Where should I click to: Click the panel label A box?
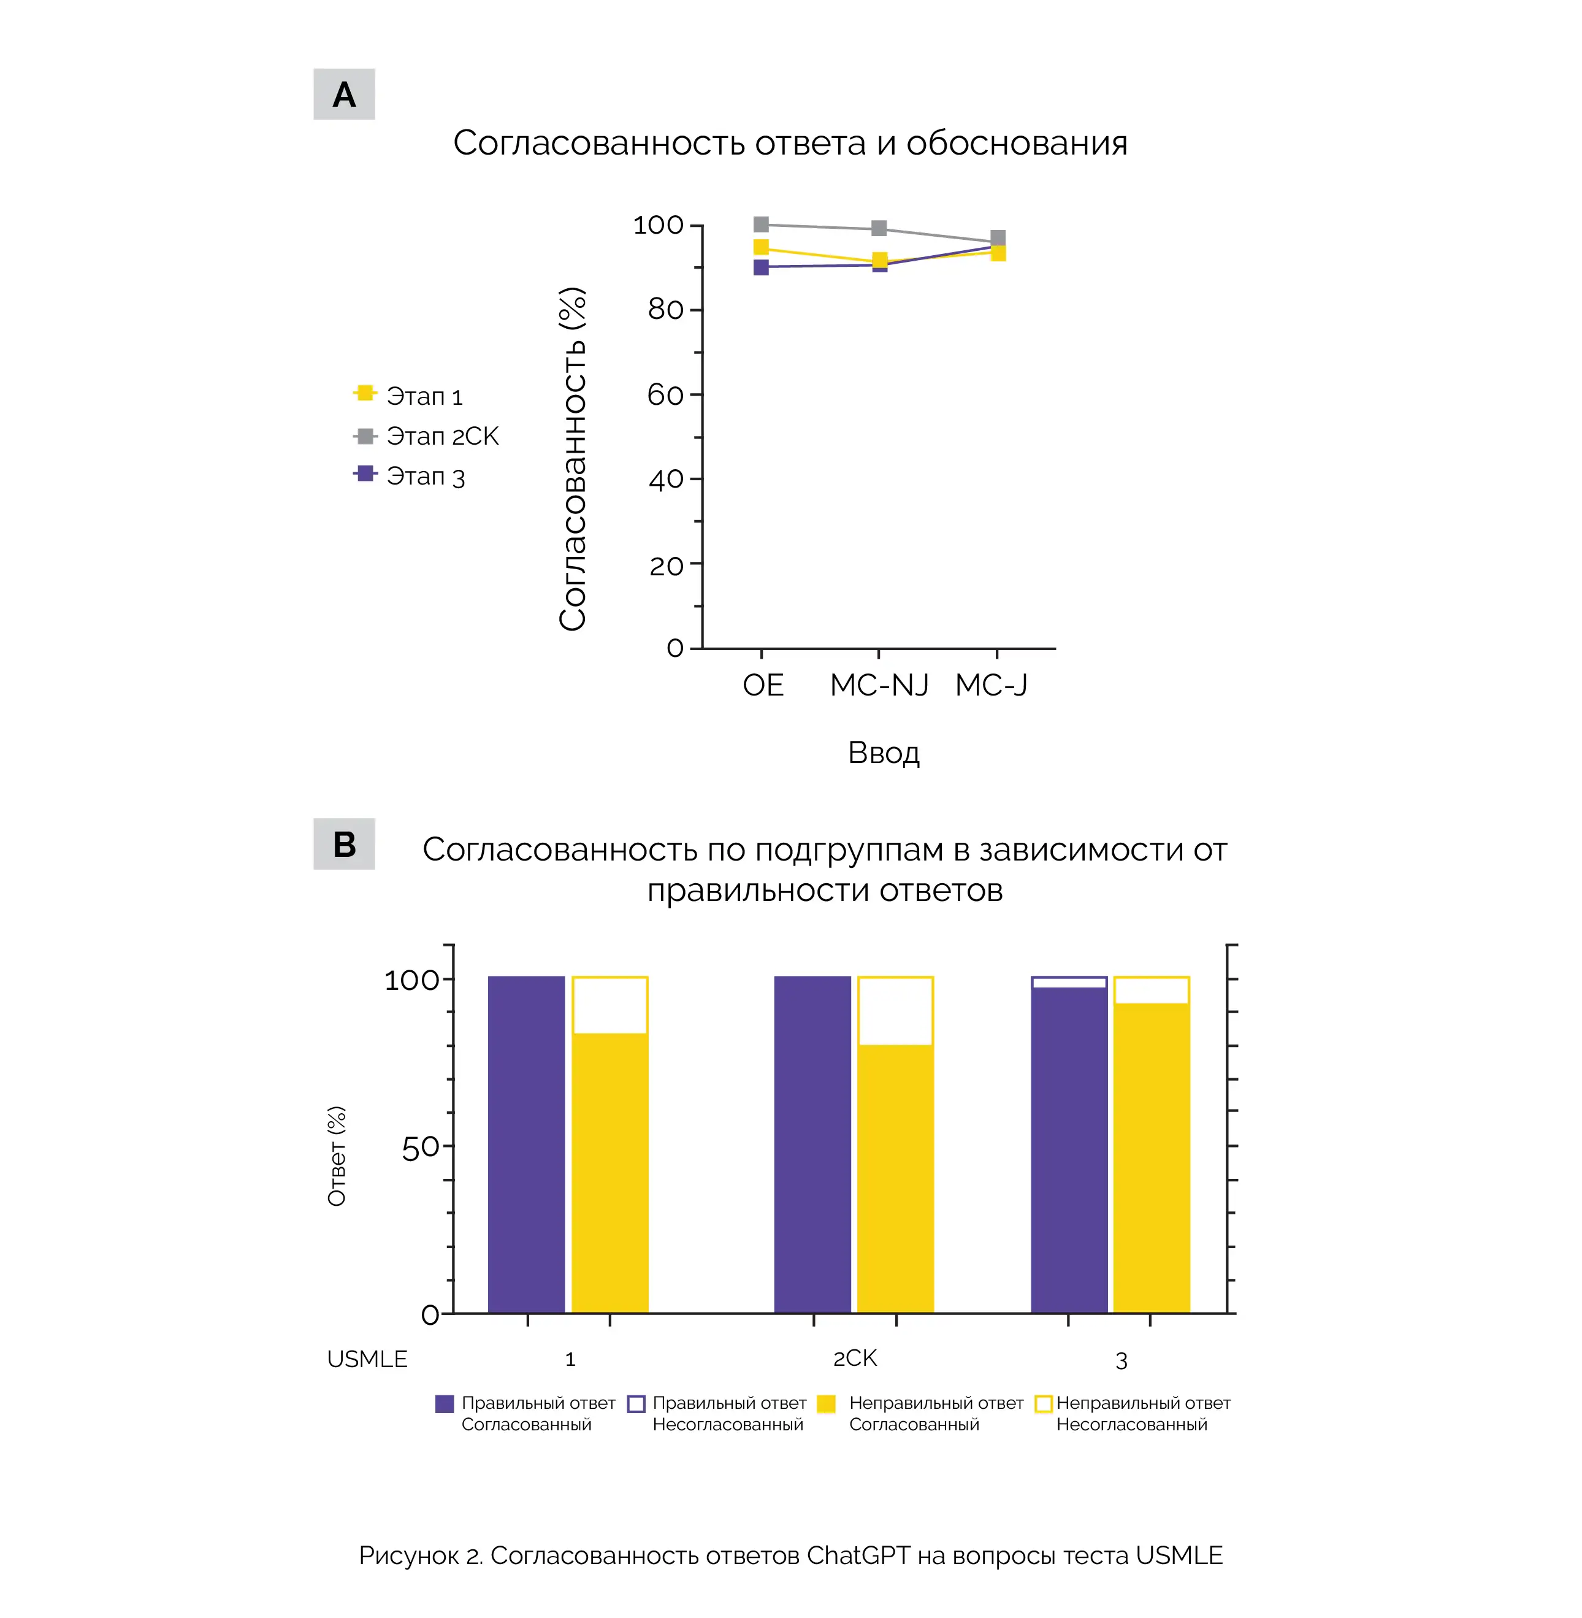coord(344,94)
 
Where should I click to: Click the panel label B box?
coord(344,843)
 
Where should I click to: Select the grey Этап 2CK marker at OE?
coord(761,224)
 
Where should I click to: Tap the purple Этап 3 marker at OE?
coord(761,267)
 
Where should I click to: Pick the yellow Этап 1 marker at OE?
coord(761,247)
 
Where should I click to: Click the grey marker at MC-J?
coord(998,238)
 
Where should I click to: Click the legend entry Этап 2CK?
coord(426,435)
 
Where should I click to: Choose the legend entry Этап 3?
coord(410,475)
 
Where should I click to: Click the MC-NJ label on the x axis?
coord(879,684)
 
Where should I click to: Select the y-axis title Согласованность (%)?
coord(573,459)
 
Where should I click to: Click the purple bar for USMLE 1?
coord(527,1144)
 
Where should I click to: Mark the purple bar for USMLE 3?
coord(1069,1150)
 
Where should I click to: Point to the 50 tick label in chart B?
coord(419,1147)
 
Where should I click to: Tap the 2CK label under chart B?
coord(855,1358)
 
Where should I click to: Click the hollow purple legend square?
coord(636,1403)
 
